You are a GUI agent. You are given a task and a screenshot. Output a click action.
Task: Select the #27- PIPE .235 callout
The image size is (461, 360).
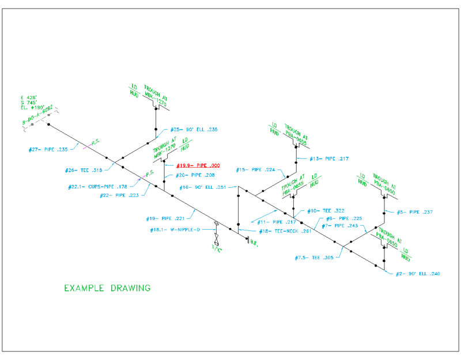[48, 150]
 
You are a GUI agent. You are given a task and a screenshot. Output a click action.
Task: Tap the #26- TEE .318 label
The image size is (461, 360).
[84, 170]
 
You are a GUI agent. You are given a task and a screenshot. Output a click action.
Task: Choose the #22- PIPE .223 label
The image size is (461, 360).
[118, 195]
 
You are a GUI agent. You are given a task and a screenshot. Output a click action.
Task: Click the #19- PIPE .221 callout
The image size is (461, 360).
[165, 218]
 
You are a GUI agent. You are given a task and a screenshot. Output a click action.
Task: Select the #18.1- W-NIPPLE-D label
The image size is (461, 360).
[175, 229]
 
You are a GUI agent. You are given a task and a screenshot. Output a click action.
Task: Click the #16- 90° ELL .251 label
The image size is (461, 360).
[202, 187]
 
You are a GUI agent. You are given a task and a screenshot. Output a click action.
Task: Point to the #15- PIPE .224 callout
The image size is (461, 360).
[256, 170]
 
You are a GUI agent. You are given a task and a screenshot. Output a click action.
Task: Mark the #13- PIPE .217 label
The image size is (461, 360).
[329, 158]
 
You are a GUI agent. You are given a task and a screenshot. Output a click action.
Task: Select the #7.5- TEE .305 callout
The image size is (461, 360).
[314, 257]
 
